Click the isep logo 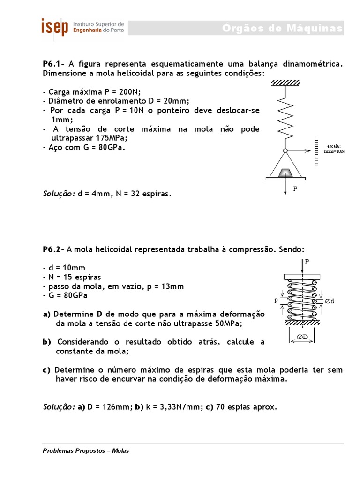coord(54,27)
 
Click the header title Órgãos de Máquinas coord(282,29)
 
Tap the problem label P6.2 coord(53,250)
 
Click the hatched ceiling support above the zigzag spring coord(285,82)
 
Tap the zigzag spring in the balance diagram coord(285,117)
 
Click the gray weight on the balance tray coord(285,172)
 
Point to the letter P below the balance coord(295,189)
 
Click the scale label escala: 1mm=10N coord(334,149)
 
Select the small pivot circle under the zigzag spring coord(285,150)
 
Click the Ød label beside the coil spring coord(330,301)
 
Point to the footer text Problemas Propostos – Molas coord(86,451)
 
